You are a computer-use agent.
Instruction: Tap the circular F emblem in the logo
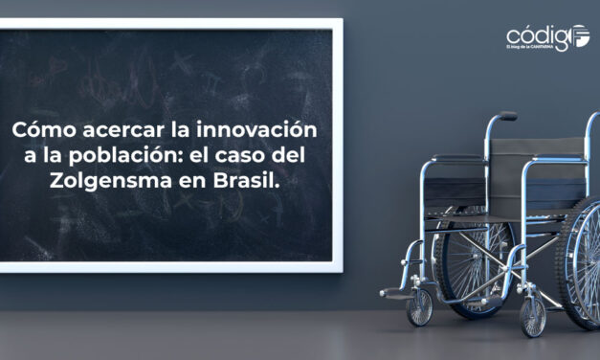coord(581,36)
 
